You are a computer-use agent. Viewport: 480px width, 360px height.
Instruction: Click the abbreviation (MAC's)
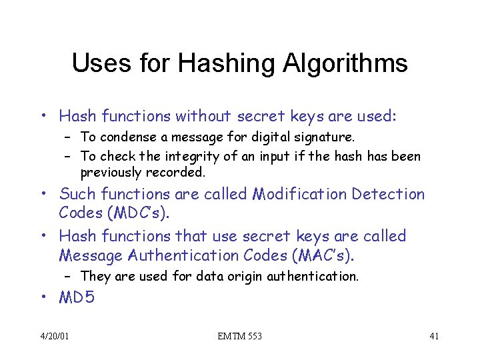(318, 255)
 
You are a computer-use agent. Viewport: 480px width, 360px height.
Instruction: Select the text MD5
(77, 298)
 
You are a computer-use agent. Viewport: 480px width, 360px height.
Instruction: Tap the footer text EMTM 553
(239, 336)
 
